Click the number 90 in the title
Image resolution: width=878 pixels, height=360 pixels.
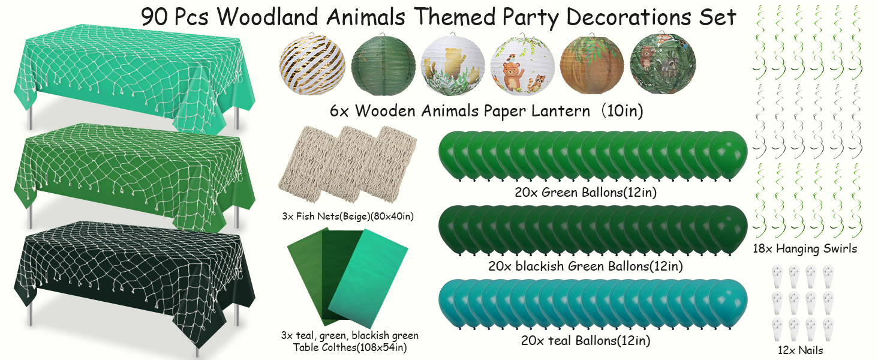(x=156, y=17)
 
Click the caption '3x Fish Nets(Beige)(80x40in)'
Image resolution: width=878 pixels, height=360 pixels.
(x=347, y=215)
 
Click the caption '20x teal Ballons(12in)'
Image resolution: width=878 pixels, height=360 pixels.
(x=586, y=341)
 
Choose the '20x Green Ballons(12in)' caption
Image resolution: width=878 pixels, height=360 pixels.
(x=585, y=192)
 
